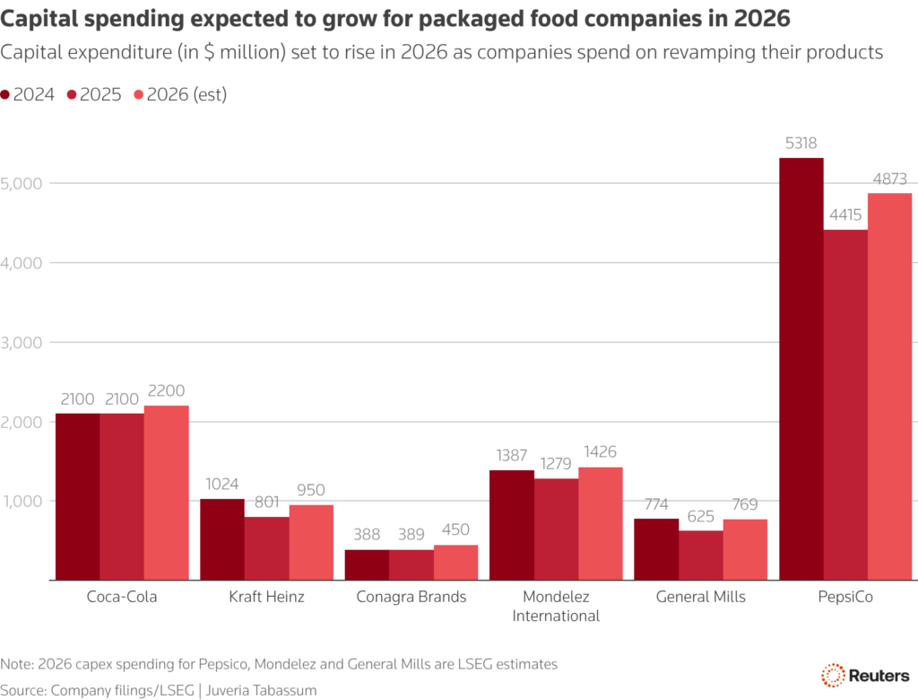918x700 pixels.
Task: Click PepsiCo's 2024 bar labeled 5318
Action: tap(801, 368)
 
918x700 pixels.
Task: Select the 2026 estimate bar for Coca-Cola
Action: tap(167, 493)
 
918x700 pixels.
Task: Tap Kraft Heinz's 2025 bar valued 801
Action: tap(266, 548)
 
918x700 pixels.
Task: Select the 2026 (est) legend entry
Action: tap(179, 94)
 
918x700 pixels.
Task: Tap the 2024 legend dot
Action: tap(6, 94)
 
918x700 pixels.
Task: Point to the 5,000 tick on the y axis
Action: tap(23, 183)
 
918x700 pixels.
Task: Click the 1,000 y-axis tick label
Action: tap(23, 501)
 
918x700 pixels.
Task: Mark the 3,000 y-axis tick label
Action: tap(23, 342)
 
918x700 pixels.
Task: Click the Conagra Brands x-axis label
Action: tap(411, 597)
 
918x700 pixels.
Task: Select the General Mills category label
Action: tap(701, 597)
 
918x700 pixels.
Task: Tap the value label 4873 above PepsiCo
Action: tap(890, 178)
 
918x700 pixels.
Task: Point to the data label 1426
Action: tap(600, 451)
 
